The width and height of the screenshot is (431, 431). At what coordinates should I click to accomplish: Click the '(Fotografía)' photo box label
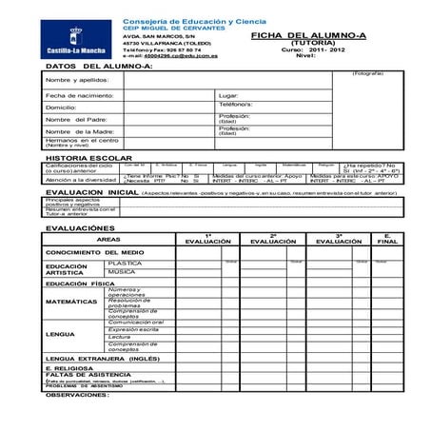point(367,73)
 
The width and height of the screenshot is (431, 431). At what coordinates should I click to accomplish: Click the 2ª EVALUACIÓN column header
point(273,239)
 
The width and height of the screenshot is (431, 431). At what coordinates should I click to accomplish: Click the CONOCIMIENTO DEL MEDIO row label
point(95,252)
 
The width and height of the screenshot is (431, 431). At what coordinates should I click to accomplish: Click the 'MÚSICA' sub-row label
point(121,272)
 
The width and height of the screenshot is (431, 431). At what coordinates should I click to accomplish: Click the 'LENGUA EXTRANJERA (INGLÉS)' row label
point(103,358)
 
